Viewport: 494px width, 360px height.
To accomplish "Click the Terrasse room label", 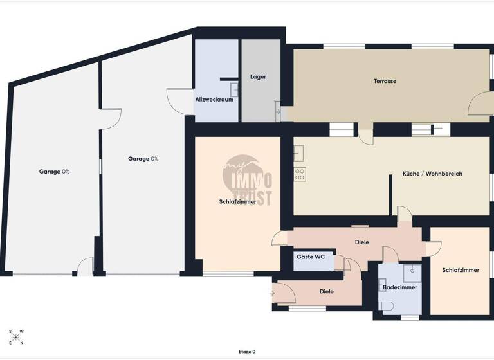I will [385, 82].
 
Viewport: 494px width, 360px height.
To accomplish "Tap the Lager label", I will [258, 77].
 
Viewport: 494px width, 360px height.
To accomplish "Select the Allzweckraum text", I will [214, 100].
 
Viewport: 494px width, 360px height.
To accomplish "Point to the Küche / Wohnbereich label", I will [432, 174].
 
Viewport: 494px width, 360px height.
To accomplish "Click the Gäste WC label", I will [310, 256].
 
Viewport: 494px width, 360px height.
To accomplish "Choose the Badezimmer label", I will [400, 287].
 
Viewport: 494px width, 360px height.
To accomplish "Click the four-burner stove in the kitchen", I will [299, 173].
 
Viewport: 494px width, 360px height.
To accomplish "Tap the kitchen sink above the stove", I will [299, 153].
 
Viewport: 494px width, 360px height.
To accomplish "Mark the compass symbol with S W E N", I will [17, 337].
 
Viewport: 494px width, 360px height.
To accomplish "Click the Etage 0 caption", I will [246, 352].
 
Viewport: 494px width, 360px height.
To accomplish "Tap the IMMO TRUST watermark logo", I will [248, 181].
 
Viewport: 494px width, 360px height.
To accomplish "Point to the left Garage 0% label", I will [54, 172].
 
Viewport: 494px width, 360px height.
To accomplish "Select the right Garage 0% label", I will [143, 159].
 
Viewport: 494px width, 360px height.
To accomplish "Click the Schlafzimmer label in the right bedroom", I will [461, 270].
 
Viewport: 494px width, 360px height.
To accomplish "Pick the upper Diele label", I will [362, 242].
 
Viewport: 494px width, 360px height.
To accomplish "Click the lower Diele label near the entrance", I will [327, 291].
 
